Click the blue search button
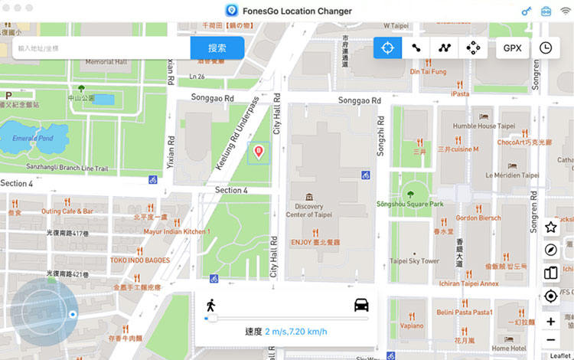click(x=217, y=47)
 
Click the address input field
click(x=99, y=47)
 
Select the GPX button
click(x=511, y=47)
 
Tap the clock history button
click(x=546, y=47)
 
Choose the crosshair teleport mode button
click(x=387, y=47)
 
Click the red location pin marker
click(x=259, y=151)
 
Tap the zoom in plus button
click(x=551, y=321)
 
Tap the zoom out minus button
click(x=551, y=340)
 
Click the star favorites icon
click(x=551, y=227)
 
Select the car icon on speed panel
click(x=361, y=305)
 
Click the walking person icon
click(x=210, y=305)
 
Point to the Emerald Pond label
click(x=27, y=139)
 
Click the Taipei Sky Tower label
click(x=414, y=260)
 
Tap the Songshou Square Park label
click(x=409, y=204)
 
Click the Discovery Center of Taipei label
click(x=309, y=210)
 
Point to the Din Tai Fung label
click(x=428, y=71)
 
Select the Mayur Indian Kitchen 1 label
click(x=177, y=231)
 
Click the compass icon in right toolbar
click(x=551, y=250)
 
